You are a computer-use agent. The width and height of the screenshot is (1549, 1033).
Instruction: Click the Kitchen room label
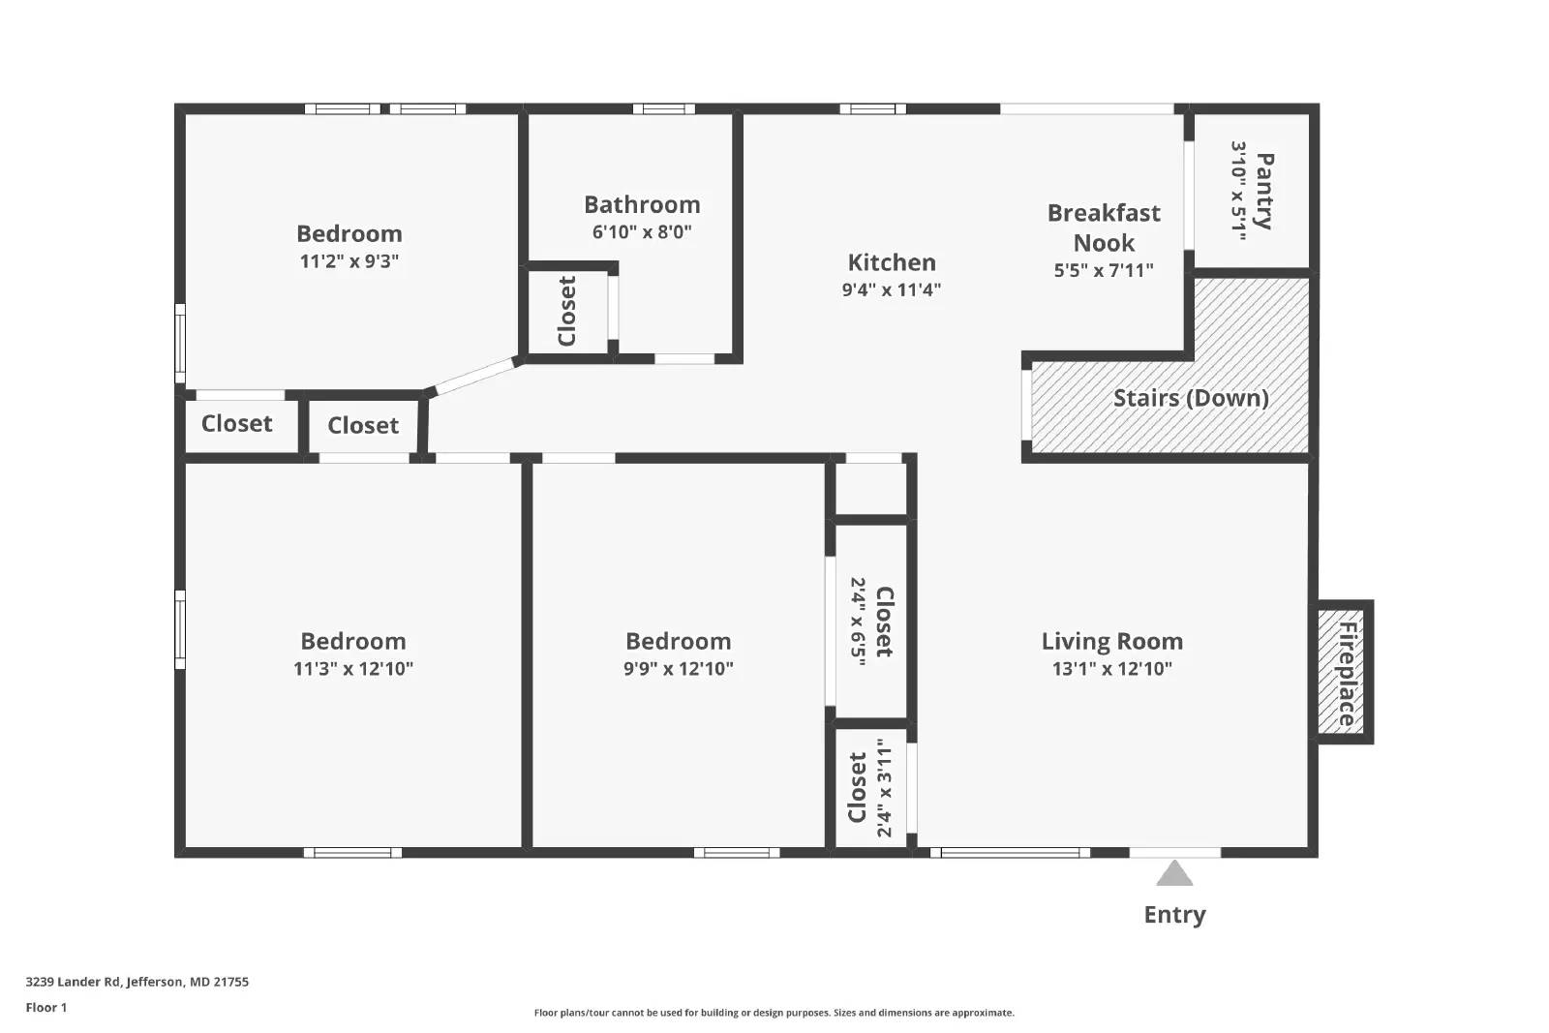pos(892,262)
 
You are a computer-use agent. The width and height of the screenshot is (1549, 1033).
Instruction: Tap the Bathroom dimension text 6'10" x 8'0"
pos(642,231)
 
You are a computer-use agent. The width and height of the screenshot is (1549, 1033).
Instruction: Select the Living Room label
pos(1112,642)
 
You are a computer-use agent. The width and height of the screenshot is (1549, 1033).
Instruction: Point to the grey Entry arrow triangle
pos(1174,874)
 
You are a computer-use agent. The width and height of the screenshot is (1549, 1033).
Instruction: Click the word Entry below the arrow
pos(1174,915)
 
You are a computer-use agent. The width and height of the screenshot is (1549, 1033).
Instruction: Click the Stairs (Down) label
pos(1191,398)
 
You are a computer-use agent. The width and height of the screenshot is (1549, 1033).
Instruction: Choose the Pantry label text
pos(1263,191)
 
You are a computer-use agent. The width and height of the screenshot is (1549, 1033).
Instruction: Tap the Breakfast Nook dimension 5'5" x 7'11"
pos(1104,270)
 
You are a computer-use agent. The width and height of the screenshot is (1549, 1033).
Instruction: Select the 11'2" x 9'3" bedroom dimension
pos(349,261)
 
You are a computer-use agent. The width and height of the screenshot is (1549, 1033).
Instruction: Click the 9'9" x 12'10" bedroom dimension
pos(679,669)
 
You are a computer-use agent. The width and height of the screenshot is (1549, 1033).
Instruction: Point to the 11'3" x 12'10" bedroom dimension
pos(353,669)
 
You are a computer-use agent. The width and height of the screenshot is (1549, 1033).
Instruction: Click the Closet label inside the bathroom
pos(567,311)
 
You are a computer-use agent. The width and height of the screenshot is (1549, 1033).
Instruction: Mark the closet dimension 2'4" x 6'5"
pos(858,622)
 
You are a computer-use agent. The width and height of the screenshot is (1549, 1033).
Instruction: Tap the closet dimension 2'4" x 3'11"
pos(884,787)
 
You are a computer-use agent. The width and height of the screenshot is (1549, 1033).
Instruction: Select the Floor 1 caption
pos(46,1008)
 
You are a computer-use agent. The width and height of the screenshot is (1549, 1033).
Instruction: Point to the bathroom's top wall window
pos(664,108)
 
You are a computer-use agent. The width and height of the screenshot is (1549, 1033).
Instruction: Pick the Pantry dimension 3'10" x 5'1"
pos(1238,191)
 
